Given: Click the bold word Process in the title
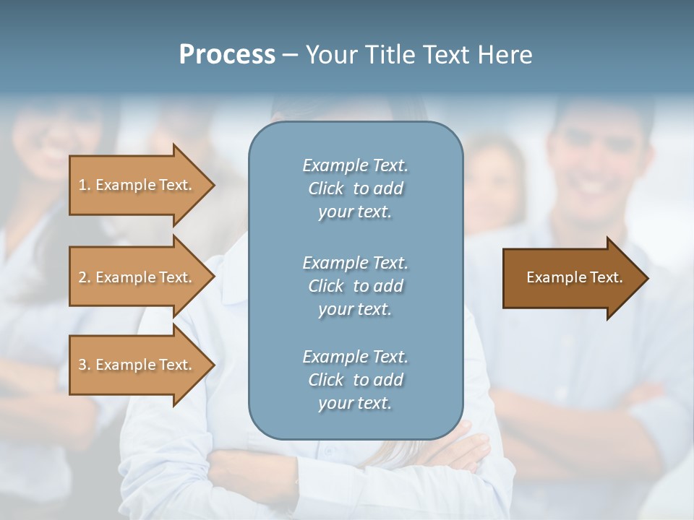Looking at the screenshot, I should pos(227,55).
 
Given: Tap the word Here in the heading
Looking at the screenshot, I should pos(505,55).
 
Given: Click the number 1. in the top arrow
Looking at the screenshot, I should pos(85,186).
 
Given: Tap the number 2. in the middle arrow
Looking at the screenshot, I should pos(85,278).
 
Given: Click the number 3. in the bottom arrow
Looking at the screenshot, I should pos(85,365).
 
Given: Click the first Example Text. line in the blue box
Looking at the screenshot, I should pos(355,165).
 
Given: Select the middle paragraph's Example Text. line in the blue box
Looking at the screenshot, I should pos(355,263).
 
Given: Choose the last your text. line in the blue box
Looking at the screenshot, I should pos(355,404).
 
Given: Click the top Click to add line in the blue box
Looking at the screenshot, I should pos(355,188).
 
